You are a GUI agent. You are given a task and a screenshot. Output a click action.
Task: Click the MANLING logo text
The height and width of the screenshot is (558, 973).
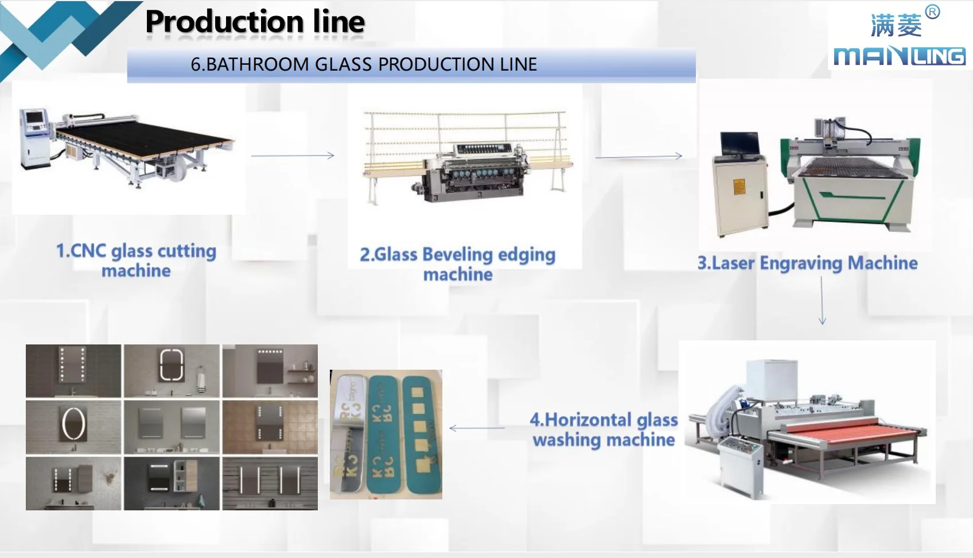click(899, 56)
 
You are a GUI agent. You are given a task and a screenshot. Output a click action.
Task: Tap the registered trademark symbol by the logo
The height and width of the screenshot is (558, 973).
click(933, 12)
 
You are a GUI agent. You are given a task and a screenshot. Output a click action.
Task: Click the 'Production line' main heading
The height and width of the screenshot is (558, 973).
click(255, 22)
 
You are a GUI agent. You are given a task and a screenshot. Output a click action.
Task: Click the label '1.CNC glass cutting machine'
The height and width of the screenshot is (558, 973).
click(136, 261)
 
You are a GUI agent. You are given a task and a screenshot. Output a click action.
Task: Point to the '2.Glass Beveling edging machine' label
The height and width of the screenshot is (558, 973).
click(458, 264)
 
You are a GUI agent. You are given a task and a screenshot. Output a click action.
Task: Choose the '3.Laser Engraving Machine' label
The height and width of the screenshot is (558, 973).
click(807, 263)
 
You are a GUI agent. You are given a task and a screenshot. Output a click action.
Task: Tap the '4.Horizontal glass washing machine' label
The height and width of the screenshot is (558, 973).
click(604, 429)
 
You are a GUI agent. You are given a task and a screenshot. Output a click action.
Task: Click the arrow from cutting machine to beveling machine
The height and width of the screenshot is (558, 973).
click(293, 156)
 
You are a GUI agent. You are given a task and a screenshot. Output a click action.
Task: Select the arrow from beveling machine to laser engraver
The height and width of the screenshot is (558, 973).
click(639, 156)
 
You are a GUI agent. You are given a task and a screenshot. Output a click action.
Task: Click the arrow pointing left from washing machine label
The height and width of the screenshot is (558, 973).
click(476, 428)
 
